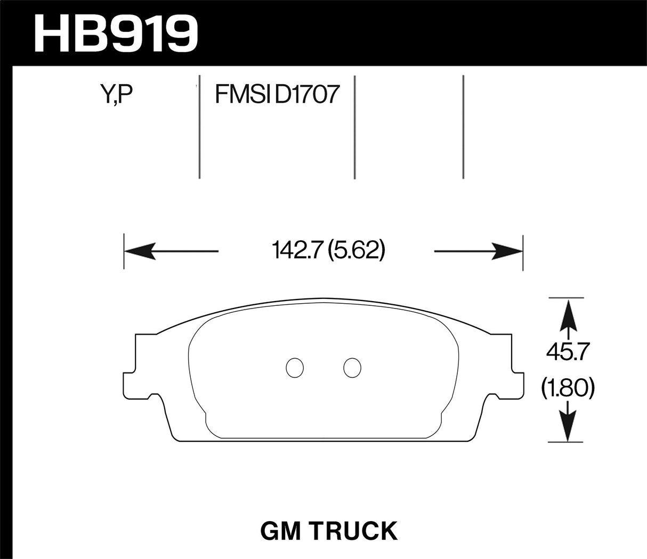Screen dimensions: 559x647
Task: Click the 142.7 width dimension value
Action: (x=297, y=250)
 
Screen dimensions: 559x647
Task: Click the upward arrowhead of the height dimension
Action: (x=569, y=312)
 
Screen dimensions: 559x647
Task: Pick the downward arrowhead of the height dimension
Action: (x=569, y=430)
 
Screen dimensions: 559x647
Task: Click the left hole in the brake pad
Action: (x=295, y=367)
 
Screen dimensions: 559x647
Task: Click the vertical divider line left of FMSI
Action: (x=199, y=128)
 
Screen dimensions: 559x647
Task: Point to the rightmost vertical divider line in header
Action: (x=463, y=128)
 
